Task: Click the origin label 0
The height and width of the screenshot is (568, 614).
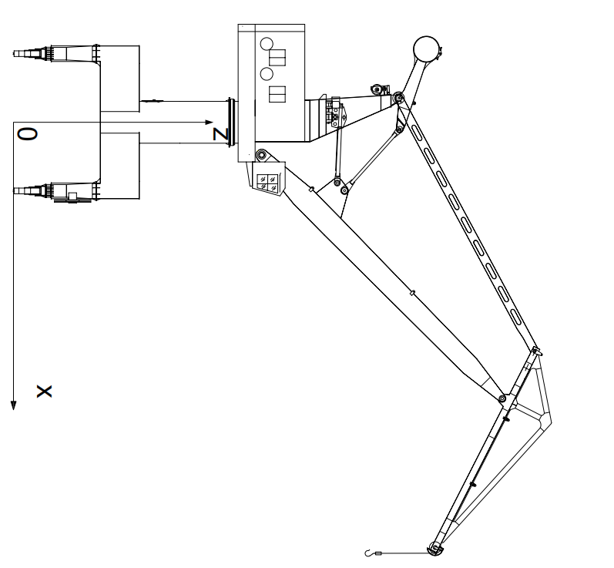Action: (28, 134)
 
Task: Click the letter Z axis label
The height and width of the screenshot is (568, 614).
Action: (220, 134)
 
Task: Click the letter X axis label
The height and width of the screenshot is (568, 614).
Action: (44, 392)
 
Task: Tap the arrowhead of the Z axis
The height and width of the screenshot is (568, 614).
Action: (209, 123)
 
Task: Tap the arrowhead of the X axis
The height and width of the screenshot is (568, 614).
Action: (14, 405)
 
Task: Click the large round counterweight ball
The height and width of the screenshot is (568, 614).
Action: (427, 49)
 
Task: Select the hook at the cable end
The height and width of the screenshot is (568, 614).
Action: (368, 553)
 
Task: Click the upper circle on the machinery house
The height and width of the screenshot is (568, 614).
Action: (267, 44)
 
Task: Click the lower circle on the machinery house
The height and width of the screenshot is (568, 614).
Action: (267, 74)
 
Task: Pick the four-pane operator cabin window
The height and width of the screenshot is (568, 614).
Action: (267, 183)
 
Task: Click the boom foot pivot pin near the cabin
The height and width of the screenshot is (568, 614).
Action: (261, 156)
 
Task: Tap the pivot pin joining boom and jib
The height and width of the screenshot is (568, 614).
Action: (502, 398)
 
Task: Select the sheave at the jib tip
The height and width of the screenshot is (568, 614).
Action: (434, 549)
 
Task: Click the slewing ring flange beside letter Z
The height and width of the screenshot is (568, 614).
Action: (231, 123)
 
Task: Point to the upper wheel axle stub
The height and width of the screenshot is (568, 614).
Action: (28, 53)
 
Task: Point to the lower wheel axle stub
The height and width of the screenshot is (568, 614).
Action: (28, 191)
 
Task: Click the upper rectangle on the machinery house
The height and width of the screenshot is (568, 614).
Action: (277, 57)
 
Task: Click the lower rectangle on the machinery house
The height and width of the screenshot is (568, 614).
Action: (277, 94)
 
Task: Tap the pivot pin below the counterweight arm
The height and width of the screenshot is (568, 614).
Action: (398, 97)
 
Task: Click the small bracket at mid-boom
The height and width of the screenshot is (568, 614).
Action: (412, 293)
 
